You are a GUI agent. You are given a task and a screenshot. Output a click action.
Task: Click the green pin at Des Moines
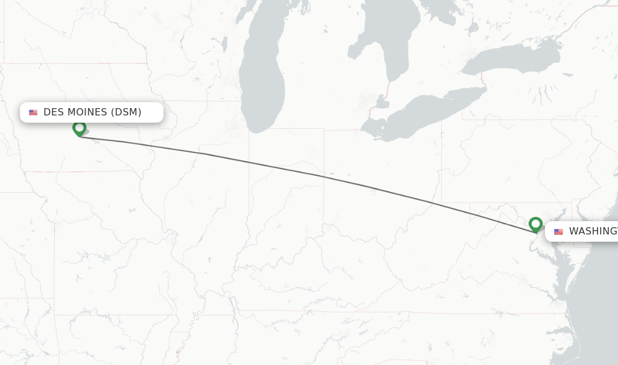79,128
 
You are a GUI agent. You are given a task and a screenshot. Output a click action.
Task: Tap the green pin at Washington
535,224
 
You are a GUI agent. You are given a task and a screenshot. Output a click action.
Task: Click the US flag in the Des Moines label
33,112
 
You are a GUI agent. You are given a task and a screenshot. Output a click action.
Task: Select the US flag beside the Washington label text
558,231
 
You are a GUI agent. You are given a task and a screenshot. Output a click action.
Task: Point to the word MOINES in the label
87,112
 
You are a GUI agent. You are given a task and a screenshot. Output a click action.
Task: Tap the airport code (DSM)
126,112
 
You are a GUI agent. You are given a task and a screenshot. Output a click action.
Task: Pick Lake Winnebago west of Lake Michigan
224,44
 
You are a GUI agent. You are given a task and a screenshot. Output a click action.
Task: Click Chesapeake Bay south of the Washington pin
558,266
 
